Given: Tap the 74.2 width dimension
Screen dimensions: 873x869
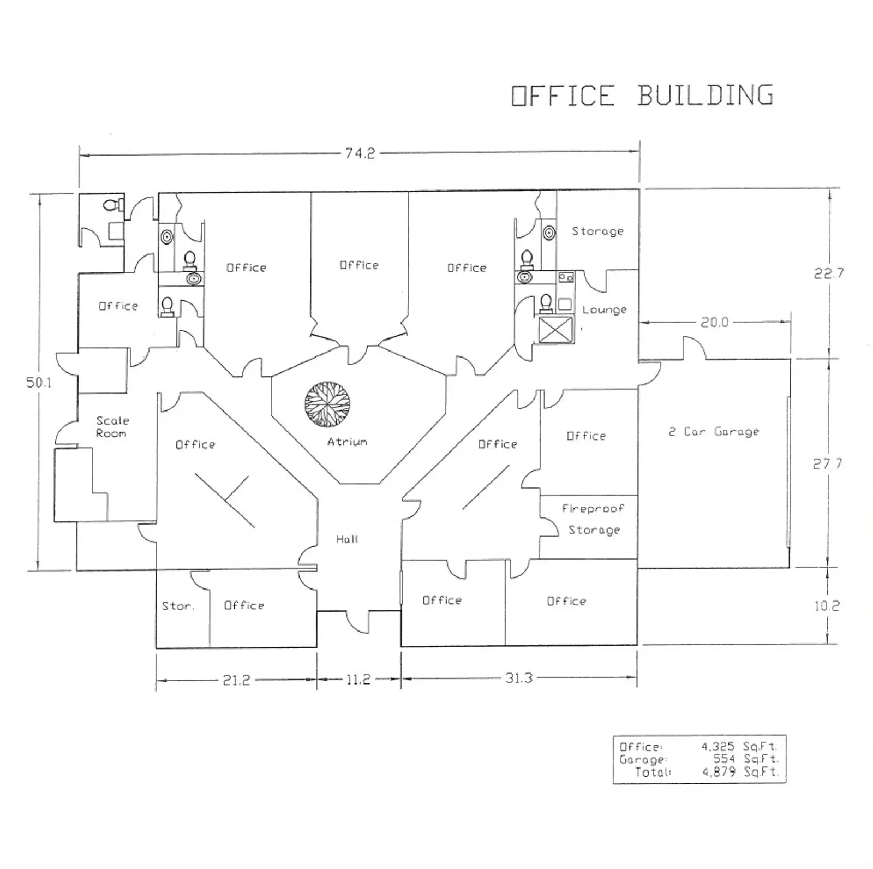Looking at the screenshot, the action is (360, 153).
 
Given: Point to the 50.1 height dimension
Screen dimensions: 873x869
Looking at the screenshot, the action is (38, 382).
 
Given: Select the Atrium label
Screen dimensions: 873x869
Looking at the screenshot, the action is (347, 442).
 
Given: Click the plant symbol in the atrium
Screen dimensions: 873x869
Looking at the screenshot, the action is (327, 404).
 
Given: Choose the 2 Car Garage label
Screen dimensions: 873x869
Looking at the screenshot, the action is (714, 432).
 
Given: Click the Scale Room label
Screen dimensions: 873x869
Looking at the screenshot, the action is (112, 427).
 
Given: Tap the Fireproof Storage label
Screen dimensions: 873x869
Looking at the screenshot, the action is (594, 519).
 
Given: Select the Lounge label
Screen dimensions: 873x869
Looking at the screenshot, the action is (604, 309).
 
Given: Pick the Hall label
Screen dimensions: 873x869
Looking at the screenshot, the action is (347, 539).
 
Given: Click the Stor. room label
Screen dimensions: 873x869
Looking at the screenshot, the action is (178, 606).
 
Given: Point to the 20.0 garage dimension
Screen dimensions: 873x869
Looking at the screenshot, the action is (714, 322).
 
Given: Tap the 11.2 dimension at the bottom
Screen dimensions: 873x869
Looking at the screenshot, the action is (358, 680).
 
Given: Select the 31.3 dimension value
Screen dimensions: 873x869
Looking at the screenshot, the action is (518, 678).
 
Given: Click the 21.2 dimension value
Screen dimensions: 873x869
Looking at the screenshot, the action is (236, 680).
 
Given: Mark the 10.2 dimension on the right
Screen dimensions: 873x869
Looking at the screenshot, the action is (827, 606).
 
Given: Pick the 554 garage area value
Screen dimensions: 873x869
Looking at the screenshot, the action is (725, 759).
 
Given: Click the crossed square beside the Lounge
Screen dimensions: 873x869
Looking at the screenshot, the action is (556, 330).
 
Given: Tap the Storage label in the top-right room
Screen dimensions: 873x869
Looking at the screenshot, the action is (597, 231).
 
